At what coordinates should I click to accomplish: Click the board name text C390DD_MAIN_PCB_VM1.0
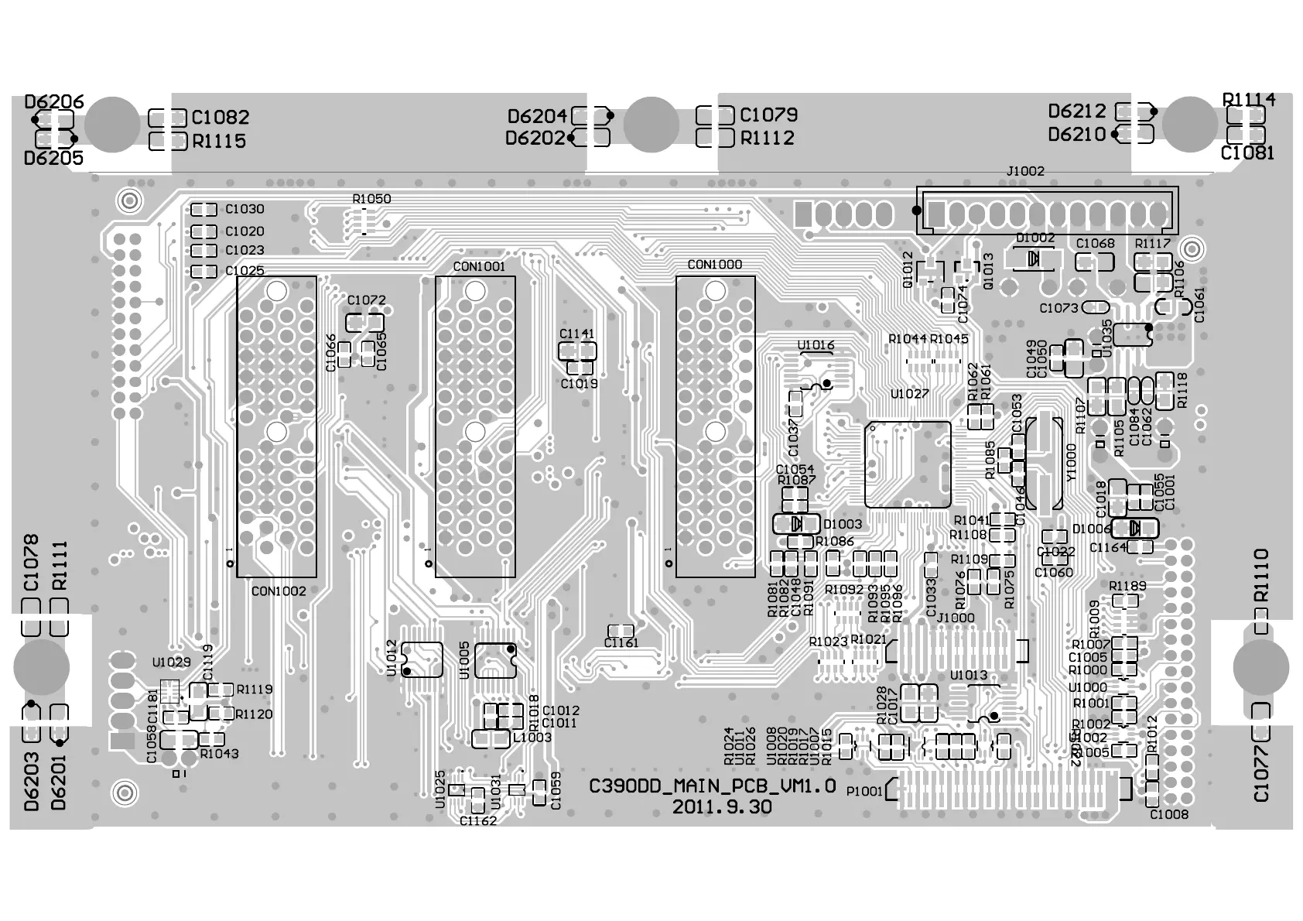[x=712, y=786]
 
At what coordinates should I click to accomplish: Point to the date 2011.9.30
[x=721, y=806]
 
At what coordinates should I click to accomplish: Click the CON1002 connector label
[x=279, y=591]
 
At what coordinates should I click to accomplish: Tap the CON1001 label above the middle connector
[x=479, y=267]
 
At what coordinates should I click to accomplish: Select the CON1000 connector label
[x=715, y=265]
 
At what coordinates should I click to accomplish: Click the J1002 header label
[x=1025, y=171]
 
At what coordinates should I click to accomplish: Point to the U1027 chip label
[x=909, y=394]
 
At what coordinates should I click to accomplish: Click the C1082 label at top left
[x=221, y=118]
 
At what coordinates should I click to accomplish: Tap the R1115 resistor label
[x=219, y=142]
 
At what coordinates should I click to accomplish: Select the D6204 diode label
[x=537, y=117]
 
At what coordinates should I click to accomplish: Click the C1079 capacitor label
[x=768, y=115]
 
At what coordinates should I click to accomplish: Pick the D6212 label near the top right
[x=1077, y=111]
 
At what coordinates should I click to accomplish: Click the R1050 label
[x=371, y=199]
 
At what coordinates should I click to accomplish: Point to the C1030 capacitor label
[x=245, y=209]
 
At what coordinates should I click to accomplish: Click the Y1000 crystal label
[x=1072, y=463]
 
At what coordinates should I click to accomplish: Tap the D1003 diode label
[x=842, y=525]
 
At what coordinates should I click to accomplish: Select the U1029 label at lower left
[x=171, y=663]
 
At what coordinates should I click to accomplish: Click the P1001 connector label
[x=864, y=791]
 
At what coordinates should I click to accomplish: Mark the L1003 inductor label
[x=532, y=738]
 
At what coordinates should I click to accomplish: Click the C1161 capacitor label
[x=621, y=643]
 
